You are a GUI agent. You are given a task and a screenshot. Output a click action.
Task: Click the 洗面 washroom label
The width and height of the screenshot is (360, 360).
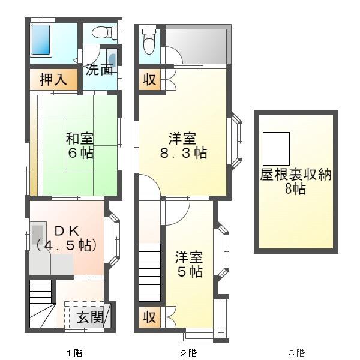click(98, 69)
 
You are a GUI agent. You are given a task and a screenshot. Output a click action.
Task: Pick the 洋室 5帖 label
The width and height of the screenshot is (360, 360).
click(188, 264)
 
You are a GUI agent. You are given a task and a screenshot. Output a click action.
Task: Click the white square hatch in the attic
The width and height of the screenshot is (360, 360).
click(276, 146)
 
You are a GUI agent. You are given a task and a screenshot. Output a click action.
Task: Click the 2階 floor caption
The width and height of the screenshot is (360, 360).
click(188, 353)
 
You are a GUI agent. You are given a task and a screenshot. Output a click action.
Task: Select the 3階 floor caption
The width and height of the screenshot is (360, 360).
click(296, 353)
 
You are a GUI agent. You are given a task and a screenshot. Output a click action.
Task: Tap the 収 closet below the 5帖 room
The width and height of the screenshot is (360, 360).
click(149, 317)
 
